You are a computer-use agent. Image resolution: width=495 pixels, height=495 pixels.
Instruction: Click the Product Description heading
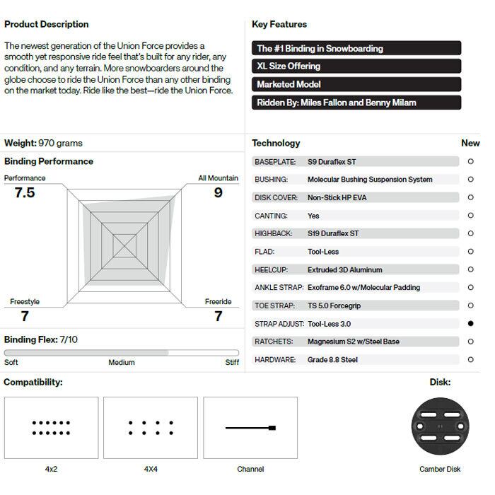[x=47, y=24]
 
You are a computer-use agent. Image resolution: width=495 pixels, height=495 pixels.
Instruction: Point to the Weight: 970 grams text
[x=43, y=143]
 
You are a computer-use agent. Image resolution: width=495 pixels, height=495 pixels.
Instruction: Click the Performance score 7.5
[x=25, y=192]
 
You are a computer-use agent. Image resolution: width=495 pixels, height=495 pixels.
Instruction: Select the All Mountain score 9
[x=218, y=192]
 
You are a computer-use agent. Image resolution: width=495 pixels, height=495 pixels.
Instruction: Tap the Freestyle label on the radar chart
[x=25, y=302]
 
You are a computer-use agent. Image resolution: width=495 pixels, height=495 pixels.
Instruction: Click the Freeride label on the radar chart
[x=219, y=302]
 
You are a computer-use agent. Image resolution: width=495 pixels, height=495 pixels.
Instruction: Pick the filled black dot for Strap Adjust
[x=471, y=323]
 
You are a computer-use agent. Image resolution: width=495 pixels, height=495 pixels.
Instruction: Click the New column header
[x=470, y=143]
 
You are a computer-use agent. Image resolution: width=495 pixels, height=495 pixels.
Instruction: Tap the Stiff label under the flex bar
[x=232, y=363]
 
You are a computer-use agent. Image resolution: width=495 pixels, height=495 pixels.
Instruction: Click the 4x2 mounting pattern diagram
[x=52, y=428]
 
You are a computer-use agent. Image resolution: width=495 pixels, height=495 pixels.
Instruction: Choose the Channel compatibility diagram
[x=250, y=428]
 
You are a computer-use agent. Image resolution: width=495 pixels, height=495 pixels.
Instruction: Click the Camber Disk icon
[x=441, y=428]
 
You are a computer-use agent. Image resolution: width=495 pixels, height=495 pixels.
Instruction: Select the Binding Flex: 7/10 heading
[x=41, y=339]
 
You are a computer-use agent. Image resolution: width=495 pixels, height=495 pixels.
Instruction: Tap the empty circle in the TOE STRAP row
[x=471, y=305]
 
